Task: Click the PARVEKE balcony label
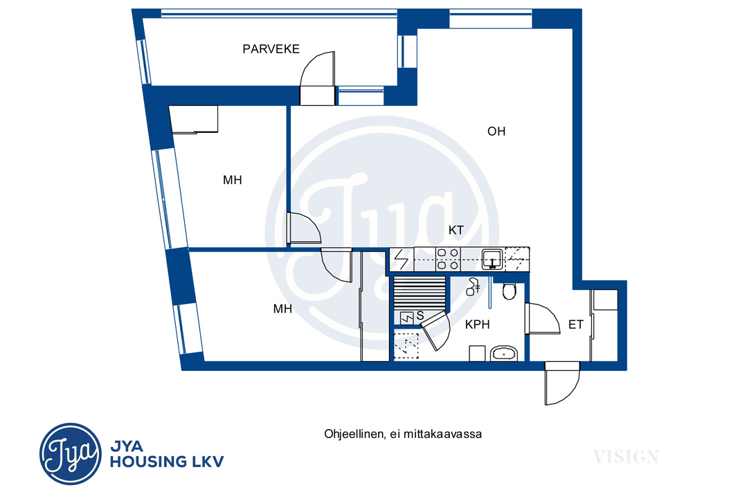click(x=271, y=49)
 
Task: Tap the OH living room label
click(x=496, y=131)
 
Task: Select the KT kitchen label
click(x=456, y=230)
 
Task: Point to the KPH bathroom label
click(x=477, y=325)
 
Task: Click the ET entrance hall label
click(x=575, y=325)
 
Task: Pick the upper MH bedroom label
click(x=233, y=180)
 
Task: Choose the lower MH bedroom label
click(x=283, y=309)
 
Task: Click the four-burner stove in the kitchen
click(x=448, y=259)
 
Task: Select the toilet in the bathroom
click(x=510, y=291)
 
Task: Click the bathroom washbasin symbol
click(x=504, y=353)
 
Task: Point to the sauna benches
click(x=420, y=293)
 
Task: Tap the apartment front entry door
click(x=562, y=383)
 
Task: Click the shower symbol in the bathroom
click(x=474, y=287)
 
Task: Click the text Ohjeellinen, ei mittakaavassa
click(x=403, y=434)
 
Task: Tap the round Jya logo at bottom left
click(x=70, y=454)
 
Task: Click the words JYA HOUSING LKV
click(x=167, y=455)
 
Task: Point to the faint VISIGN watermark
click(x=626, y=456)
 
